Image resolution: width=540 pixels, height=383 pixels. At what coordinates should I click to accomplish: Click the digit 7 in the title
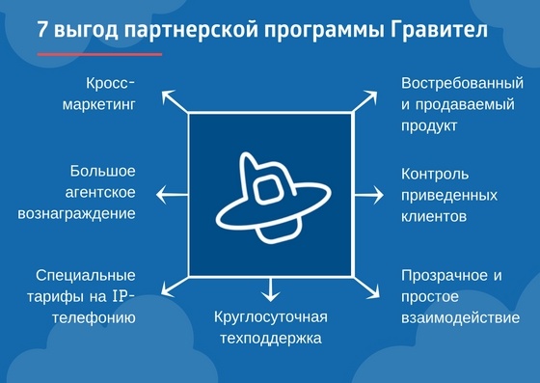(43, 30)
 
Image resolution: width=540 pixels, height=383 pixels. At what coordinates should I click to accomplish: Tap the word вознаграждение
(76, 212)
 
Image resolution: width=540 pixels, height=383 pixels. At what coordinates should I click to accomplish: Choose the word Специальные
(86, 275)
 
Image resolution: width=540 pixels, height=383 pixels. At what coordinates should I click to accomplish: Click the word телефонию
(94, 316)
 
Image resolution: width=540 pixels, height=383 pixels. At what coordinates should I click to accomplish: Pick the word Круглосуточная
(271, 317)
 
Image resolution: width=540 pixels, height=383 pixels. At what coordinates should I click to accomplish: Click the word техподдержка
(270, 339)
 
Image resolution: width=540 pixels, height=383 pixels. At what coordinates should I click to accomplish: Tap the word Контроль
(435, 174)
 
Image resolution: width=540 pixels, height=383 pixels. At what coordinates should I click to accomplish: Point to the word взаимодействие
(460, 317)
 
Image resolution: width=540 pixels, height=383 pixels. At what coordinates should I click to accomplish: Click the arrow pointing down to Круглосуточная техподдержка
(271, 287)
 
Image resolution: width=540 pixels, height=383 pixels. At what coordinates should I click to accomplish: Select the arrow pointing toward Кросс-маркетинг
(174, 98)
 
